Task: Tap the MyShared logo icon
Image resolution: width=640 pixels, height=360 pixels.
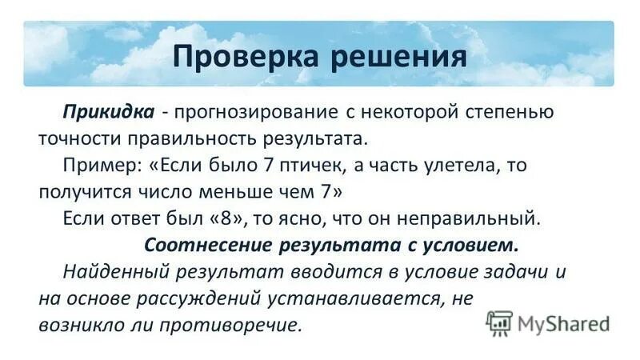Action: pos(500,322)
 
